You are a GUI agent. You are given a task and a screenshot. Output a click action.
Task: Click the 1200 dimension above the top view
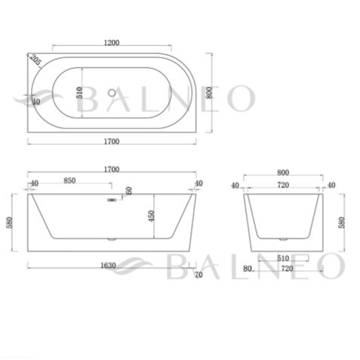pos(112,43)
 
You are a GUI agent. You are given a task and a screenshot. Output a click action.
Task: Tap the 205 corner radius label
pos(35,60)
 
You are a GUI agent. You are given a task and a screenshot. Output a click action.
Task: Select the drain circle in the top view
pos(112,93)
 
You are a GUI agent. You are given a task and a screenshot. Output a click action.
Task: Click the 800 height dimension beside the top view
pos(209,93)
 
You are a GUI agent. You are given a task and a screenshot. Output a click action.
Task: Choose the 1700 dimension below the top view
pos(112,141)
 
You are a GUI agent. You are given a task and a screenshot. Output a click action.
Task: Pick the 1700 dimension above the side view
pos(112,169)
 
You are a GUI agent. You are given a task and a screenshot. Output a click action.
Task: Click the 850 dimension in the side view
pos(69,180)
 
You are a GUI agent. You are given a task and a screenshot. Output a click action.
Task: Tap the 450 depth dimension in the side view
pos(151,216)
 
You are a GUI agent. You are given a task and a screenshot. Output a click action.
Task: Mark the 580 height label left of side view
pos(9,223)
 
